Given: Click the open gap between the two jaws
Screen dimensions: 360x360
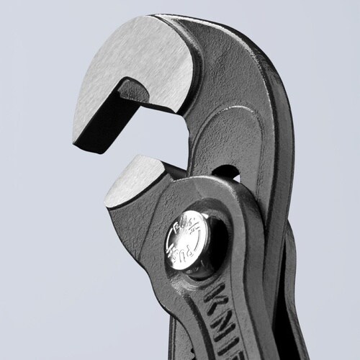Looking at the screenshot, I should (144, 140).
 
